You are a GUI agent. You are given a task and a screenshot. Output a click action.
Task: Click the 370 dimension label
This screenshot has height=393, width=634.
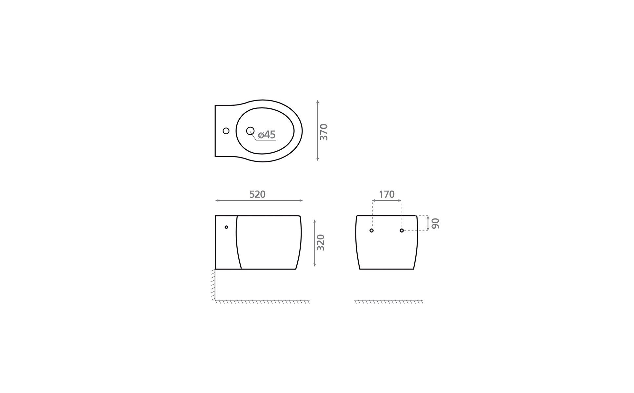click(324, 132)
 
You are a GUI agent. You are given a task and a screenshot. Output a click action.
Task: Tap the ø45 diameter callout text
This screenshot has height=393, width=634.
click(267, 135)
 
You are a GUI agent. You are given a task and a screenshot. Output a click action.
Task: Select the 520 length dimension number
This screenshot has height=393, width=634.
click(257, 195)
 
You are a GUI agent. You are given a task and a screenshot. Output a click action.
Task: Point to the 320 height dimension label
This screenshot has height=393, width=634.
click(321, 243)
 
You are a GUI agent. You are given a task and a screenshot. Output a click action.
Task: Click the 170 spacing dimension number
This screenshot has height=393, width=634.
click(387, 195)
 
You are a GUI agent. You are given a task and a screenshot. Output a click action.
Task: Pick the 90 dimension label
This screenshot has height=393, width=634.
click(435, 223)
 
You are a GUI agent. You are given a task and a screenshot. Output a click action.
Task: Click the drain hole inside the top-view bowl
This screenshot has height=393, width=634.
click(250, 131)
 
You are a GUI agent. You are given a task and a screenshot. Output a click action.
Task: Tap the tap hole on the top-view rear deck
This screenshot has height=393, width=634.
click(226, 131)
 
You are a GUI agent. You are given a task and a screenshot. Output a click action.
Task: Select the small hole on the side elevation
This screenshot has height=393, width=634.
click(226, 227)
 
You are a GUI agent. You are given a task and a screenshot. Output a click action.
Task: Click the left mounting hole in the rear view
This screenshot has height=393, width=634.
click(371, 231)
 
